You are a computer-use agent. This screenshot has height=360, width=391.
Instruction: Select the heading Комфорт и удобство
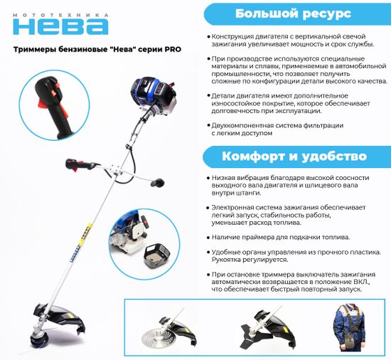[x=294, y=156]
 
